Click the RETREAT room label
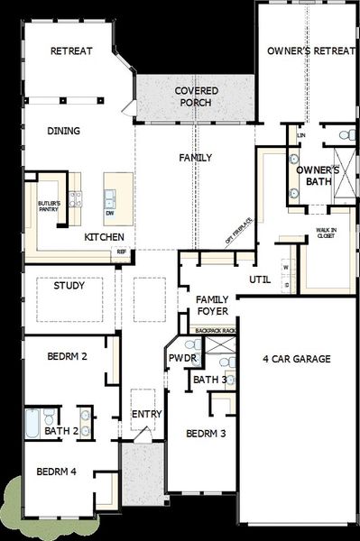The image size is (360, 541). tap(71, 51)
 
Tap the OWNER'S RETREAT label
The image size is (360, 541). tap(310, 51)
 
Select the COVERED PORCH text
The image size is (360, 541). tap(194, 96)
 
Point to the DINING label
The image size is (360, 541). tap(63, 131)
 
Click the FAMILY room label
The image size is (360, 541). tap(195, 158)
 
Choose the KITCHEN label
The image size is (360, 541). tap(104, 237)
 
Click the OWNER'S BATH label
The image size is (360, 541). tap(318, 175)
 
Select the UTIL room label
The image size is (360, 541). tap(261, 279)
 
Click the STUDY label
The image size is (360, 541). tap(69, 287)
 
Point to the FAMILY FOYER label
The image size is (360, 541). tap(212, 305)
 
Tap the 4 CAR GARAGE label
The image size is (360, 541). tap(297, 359)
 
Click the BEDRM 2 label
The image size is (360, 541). tap(67, 357)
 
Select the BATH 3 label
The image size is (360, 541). tap(210, 380)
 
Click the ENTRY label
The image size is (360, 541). tap(146, 414)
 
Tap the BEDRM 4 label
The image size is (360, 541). tap(56, 472)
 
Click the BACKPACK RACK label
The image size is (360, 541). tap(217, 331)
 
